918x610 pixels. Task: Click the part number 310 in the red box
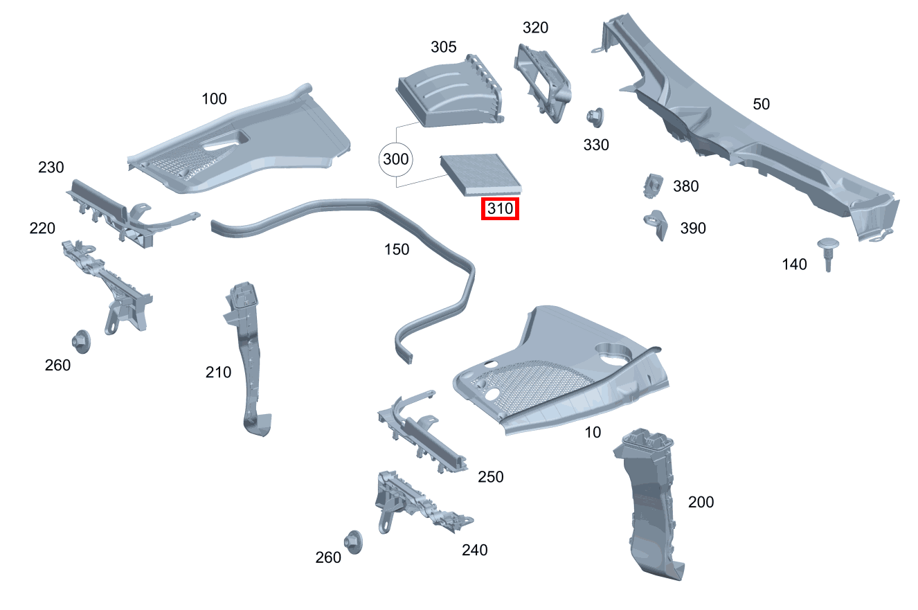click(x=500, y=208)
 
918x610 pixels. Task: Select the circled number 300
click(x=396, y=159)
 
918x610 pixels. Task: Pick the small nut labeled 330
click(x=593, y=117)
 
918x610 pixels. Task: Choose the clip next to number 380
click(x=651, y=185)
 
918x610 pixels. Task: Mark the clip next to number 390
click(x=654, y=224)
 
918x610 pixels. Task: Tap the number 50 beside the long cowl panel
click(x=761, y=105)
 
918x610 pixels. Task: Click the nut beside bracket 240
click(x=353, y=542)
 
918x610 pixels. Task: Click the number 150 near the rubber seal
click(x=397, y=249)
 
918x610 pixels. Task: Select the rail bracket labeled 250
click(x=422, y=433)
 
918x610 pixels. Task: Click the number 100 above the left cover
click(x=214, y=99)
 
